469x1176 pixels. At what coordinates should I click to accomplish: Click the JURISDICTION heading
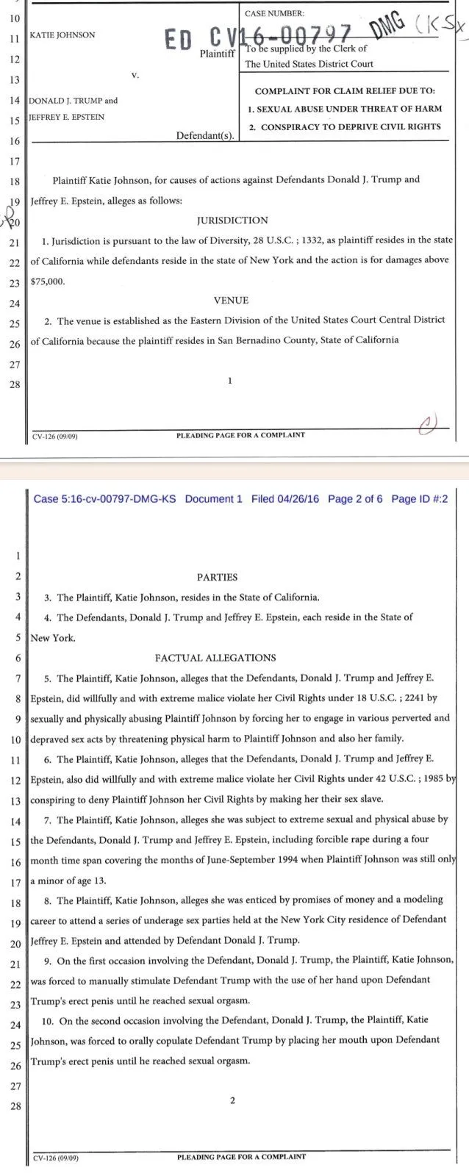click(x=232, y=220)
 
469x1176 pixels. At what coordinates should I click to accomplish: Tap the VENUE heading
click(x=232, y=301)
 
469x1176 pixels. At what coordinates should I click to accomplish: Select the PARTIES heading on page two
click(x=218, y=578)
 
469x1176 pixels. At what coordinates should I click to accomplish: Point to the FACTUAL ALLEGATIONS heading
click(x=215, y=658)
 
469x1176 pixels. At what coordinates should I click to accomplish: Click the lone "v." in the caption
click(x=135, y=75)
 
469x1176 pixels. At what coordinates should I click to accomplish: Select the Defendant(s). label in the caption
click(x=206, y=136)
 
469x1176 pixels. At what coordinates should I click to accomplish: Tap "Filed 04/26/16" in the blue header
click(x=285, y=499)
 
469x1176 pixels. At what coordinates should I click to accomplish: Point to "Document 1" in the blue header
click(x=213, y=499)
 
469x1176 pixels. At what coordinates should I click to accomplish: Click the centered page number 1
click(x=230, y=381)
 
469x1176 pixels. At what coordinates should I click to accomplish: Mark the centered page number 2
click(x=232, y=1100)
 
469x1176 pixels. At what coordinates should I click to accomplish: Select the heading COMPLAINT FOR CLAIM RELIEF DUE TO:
click(x=345, y=91)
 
